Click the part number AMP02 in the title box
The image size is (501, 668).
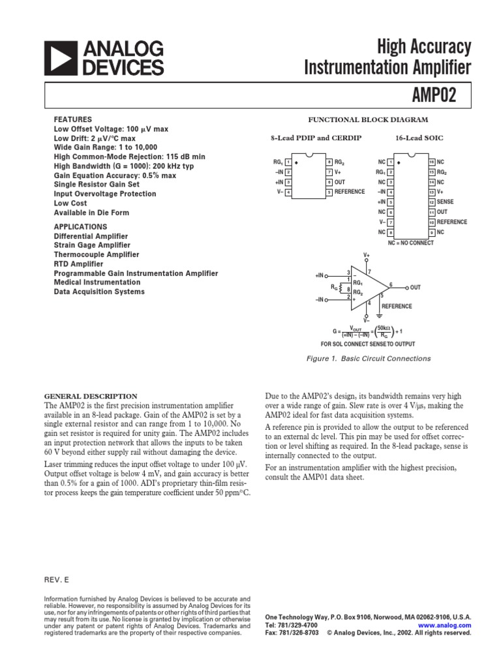tap(433, 96)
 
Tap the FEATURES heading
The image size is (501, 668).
tap(72, 119)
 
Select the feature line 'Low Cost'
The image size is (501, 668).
tap(70, 203)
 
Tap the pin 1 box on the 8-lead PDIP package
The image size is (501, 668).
tap(288, 162)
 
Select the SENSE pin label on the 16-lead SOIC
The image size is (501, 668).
tap(447, 202)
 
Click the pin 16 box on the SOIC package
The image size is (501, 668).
tap(431, 162)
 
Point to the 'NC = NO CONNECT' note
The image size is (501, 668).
tap(410, 243)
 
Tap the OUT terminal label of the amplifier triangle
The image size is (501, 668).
tap(416, 287)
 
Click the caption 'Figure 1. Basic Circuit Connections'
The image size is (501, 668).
tap(368, 358)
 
